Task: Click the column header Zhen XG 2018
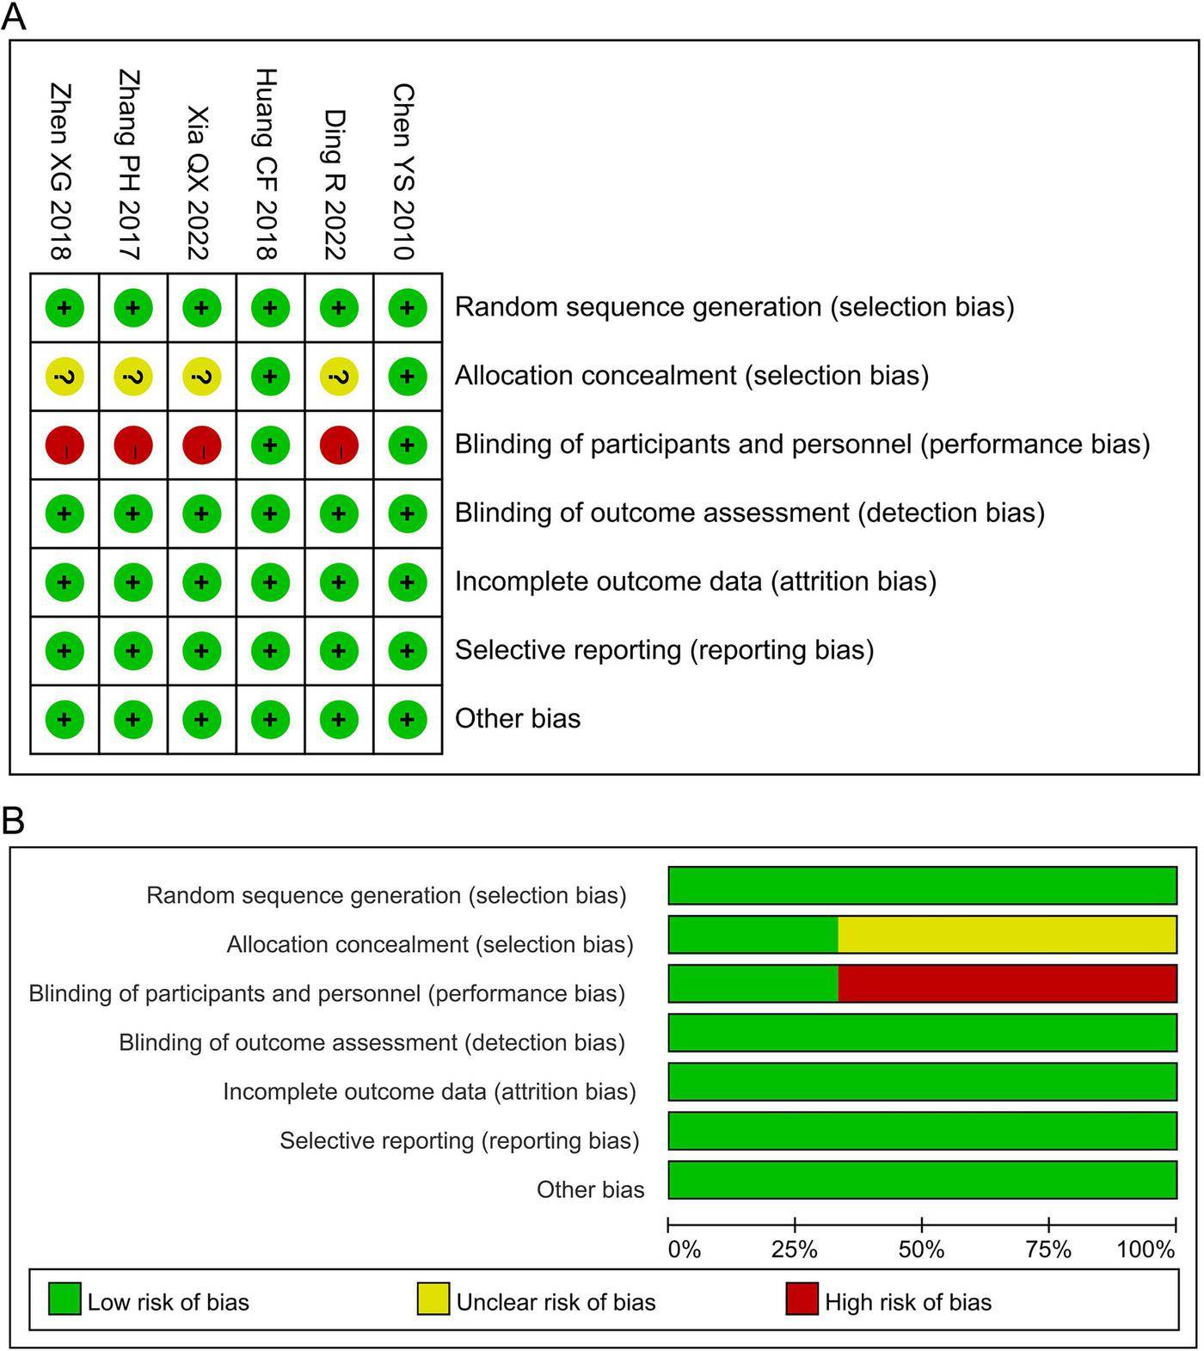(61, 171)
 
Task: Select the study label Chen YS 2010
(403, 171)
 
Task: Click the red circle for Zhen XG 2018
(64, 445)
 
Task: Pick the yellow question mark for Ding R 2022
(339, 377)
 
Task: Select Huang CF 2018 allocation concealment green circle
(270, 377)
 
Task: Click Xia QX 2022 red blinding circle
(202, 445)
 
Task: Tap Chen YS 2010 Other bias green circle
(408, 720)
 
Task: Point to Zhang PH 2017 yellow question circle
(133, 377)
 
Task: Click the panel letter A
(14, 17)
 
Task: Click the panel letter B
(14, 821)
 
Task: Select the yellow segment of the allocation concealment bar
(1006, 935)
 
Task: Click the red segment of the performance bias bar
(1006, 984)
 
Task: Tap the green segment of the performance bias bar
(752, 984)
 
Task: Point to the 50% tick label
(921, 1250)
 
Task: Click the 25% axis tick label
(794, 1250)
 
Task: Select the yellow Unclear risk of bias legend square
(433, 1299)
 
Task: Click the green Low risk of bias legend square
(64, 1299)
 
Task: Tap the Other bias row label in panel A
(518, 719)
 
